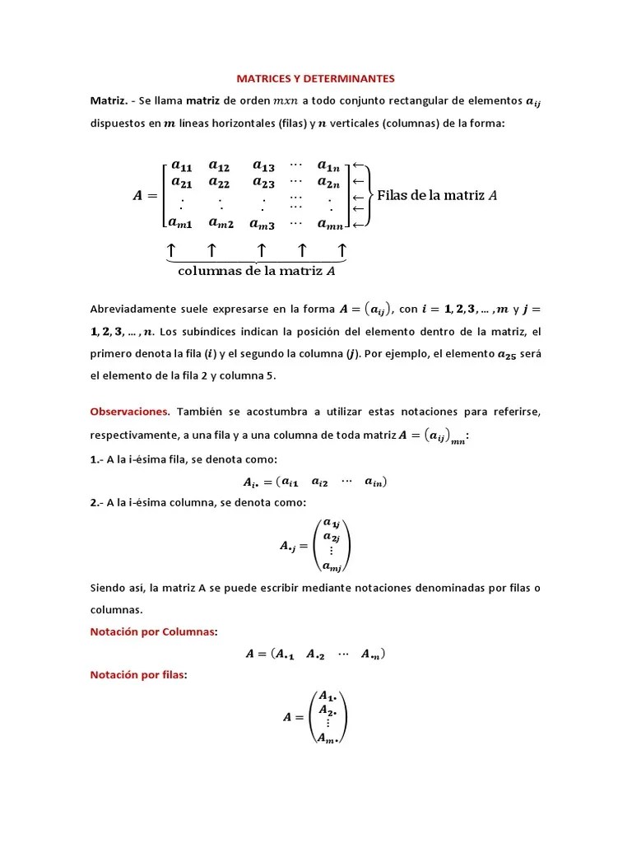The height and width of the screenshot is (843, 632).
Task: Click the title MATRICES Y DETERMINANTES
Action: (315, 79)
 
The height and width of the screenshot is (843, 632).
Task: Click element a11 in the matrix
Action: (181, 166)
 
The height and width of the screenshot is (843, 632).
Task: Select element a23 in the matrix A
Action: (263, 183)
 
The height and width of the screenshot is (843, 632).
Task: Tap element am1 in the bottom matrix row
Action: (180, 222)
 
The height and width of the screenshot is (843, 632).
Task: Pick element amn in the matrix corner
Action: (330, 224)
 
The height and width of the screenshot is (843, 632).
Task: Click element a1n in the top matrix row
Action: (329, 166)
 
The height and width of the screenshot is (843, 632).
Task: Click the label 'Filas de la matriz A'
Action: (437, 195)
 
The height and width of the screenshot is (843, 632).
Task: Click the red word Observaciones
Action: (129, 411)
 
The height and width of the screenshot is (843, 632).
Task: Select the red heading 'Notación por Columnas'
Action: (153, 631)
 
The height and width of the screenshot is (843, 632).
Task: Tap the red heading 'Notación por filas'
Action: (138, 675)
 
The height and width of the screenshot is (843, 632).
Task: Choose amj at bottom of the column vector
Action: (332, 566)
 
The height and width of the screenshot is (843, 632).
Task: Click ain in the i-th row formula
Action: (375, 482)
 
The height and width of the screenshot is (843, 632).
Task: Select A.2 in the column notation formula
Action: (316, 654)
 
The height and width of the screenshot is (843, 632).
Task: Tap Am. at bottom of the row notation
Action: (328, 737)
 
